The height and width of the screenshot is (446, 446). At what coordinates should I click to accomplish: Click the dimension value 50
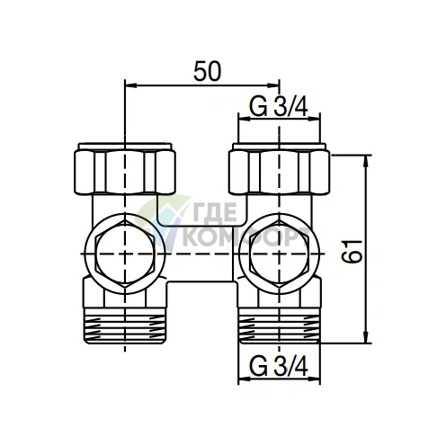(x=208, y=69)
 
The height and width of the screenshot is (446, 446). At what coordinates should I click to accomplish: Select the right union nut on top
(x=278, y=169)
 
